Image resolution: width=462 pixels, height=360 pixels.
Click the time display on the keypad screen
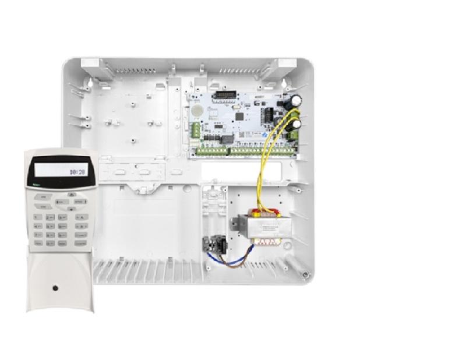click(x=76, y=172)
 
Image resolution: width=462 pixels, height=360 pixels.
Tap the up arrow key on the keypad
click(x=71, y=195)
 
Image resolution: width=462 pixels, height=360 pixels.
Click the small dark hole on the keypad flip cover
click(x=54, y=287)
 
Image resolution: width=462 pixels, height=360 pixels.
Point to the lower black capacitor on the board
click(x=297, y=125)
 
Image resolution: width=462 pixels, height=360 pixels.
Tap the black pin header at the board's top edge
click(x=224, y=95)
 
